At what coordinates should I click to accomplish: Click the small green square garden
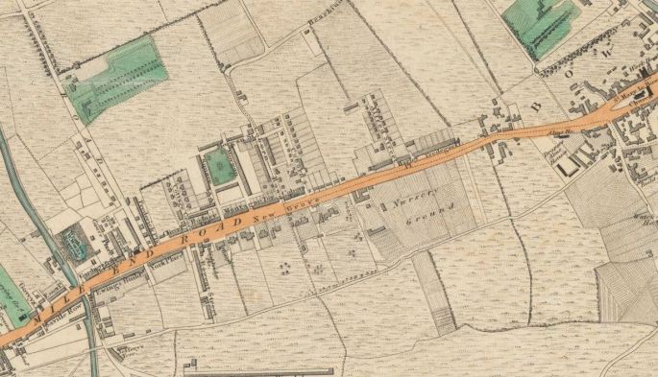click(x=220, y=166)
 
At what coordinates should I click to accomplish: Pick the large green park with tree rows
click(x=116, y=76)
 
